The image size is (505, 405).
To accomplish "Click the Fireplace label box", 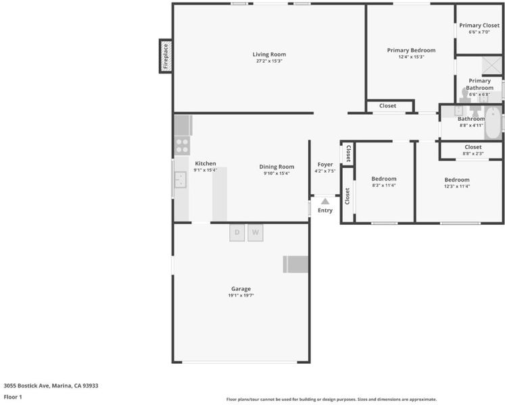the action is point(166,56).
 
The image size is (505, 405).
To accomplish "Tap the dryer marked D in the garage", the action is point(237,233).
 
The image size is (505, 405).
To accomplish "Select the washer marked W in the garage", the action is point(256,233).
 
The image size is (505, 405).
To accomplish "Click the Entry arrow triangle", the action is point(325,201).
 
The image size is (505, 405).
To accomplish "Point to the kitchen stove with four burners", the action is point(182,146).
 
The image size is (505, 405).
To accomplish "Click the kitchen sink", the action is point(181,180).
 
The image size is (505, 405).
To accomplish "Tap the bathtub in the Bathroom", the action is point(493,124).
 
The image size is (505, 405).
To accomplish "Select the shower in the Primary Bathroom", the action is point(492,65).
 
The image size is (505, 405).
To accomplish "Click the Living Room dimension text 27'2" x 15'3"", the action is point(269,61).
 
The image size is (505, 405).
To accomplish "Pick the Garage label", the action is point(241,289).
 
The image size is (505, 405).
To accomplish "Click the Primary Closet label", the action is point(479,26).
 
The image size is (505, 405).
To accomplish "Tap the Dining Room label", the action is point(276,167).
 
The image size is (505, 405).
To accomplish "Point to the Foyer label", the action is point(325,165).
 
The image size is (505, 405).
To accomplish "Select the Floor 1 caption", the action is point(13,397).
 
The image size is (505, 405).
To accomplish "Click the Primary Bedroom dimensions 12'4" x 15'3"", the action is point(411,57).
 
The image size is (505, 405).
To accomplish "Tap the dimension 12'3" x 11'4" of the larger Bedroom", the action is point(457,186).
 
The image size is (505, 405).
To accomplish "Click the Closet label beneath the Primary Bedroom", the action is point(387,106).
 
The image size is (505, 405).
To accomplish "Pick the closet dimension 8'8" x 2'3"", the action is point(473,154).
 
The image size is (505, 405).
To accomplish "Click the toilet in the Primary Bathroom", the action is point(464,96).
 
